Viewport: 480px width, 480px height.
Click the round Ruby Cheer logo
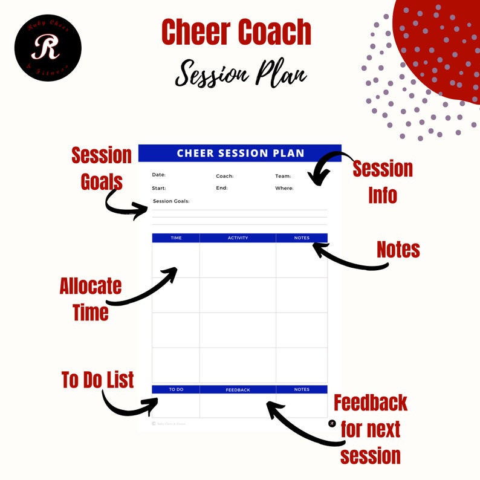[48, 48]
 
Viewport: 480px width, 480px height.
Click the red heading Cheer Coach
[236, 34]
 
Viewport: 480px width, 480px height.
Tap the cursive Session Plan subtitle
[241, 74]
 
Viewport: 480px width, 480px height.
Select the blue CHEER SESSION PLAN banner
[240, 154]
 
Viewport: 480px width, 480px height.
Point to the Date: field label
[158, 175]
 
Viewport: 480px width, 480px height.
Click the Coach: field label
[224, 177]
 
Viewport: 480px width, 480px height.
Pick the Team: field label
[283, 177]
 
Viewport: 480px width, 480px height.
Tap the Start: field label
[158, 188]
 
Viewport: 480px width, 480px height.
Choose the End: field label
[221, 188]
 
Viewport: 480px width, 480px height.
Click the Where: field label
[284, 188]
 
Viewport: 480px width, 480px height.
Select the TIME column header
[176, 238]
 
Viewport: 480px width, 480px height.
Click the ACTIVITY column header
[238, 238]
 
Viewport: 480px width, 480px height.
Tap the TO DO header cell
[176, 390]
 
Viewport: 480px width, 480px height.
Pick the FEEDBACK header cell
[238, 390]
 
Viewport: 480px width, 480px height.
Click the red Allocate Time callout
[91, 299]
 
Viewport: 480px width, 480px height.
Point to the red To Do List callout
[97, 380]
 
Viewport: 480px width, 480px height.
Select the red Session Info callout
[383, 181]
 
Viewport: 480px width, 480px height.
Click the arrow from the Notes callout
[348, 258]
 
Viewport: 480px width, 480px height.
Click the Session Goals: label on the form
[171, 201]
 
